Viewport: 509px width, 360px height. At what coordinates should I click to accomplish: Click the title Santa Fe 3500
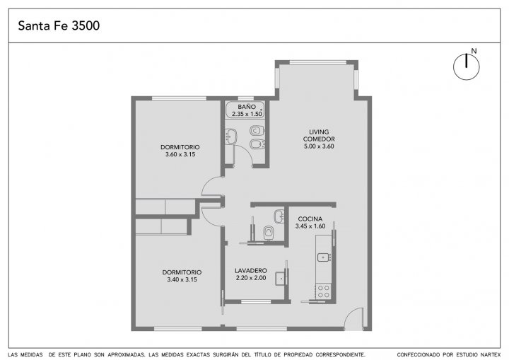tap(59, 25)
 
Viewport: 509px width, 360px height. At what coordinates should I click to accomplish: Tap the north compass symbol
tap(467, 66)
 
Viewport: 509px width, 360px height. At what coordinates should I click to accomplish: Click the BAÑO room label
tap(247, 107)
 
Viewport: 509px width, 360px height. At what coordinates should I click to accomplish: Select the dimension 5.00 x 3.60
tap(319, 146)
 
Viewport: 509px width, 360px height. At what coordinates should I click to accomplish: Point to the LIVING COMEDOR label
tap(319, 135)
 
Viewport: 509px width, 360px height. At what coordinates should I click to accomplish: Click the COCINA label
tap(310, 219)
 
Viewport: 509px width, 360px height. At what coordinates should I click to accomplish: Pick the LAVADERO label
tap(251, 270)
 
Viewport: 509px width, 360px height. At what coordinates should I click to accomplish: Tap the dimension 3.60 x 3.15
tap(180, 154)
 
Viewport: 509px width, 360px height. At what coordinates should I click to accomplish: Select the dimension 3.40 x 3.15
tap(182, 279)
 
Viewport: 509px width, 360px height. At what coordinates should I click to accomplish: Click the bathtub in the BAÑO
tap(245, 110)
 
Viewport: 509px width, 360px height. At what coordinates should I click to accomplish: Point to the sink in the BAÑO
tap(230, 136)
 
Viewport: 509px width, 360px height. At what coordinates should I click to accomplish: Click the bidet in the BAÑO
tap(257, 144)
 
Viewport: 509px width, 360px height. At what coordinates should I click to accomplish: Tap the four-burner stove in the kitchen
tap(323, 291)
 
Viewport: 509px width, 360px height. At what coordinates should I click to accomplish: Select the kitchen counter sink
tap(324, 257)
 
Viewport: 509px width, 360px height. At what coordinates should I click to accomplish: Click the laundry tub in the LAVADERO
tap(281, 279)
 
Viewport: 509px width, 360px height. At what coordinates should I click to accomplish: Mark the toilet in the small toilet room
tap(269, 232)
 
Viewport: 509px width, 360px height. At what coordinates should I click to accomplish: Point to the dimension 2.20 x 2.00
tap(251, 278)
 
